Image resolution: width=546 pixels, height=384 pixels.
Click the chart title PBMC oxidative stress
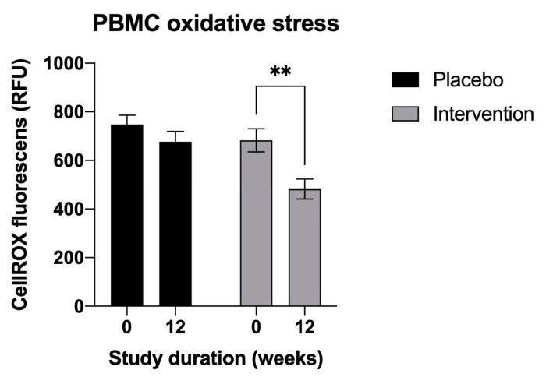click(216, 23)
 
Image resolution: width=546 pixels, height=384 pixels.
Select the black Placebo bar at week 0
click(126, 215)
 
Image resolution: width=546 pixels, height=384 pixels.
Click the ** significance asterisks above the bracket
click(281, 72)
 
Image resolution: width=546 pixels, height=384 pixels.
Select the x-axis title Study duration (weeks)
click(215, 359)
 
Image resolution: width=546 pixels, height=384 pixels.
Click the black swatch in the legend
click(404, 79)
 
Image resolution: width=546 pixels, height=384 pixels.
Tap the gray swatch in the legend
click(404, 114)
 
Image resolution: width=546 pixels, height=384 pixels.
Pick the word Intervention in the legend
click(481, 114)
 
